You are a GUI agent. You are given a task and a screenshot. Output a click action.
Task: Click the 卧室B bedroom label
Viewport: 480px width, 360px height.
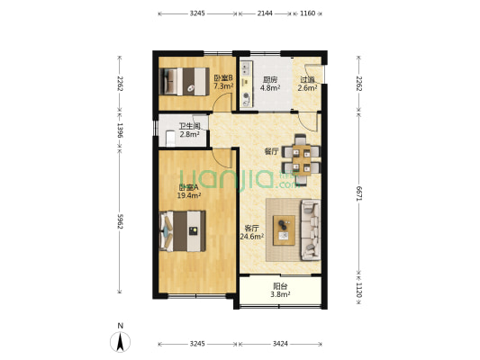[x=223, y=78]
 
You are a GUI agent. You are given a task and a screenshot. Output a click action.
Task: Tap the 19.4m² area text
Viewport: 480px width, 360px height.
[x=189, y=195]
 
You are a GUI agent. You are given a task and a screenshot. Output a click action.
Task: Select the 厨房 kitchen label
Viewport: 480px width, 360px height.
[x=270, y=80]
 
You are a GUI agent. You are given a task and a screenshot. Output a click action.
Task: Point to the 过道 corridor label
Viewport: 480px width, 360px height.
[x=307, y=80]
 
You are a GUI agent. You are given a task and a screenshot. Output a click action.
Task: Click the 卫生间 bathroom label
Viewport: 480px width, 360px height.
[x=189, y=126]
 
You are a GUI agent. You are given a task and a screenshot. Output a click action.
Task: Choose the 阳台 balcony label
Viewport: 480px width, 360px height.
[x=280, y=286]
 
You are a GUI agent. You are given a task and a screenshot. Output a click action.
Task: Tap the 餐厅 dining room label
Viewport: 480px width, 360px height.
[x=272, y=151]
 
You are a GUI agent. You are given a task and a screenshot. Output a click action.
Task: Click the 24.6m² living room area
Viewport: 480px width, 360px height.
[x=252, y=236]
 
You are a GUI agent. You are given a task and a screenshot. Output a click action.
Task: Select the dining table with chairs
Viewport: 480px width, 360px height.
[x=302, y=160]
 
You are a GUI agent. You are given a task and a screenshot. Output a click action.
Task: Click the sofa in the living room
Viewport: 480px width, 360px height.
[x=311, y=230]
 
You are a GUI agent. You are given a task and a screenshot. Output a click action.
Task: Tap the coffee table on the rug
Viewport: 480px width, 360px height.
[x=284, y=230]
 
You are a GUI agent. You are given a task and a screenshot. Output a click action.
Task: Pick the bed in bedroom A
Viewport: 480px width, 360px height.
[x=183, y=231]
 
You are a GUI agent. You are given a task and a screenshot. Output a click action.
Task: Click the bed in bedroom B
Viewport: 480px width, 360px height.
[x=185, y=81]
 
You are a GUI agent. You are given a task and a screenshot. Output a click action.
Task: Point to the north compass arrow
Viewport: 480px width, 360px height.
[x=121, y=342]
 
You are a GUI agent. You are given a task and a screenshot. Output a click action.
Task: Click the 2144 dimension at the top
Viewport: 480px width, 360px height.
[x=265, y=13]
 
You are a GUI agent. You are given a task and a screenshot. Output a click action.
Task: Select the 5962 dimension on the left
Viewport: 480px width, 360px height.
[x=120, y=221]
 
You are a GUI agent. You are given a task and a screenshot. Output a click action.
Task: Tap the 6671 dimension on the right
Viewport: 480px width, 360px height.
[x=359, y=193]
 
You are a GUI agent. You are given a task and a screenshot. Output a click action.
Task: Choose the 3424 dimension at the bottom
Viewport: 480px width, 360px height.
[x=280, y=344]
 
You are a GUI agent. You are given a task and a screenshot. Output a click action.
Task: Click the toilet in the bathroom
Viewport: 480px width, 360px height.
[x=170, y=139]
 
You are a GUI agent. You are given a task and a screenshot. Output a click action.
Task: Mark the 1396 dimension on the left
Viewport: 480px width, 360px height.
[x=120, y=130]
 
